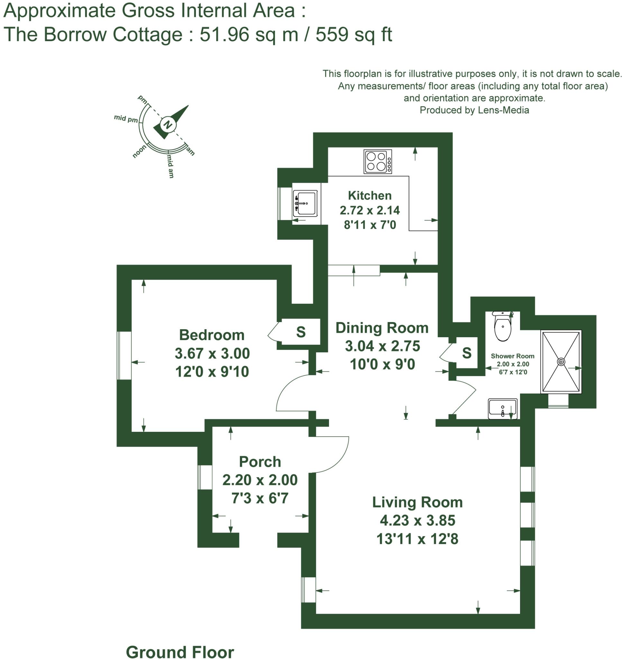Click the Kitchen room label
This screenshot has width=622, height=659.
tap(370, 195)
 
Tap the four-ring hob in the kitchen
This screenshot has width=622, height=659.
tap(377, 162)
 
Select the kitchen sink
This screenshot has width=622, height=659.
tap(305, 203)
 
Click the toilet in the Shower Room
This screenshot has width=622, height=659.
tap(502, 327)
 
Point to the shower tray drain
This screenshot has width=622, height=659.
tap(561, 361)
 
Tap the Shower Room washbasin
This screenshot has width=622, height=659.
tap(502, 409)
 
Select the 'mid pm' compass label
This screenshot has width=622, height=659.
tap(126, 118)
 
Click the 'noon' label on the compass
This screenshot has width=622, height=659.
tap(139, 151)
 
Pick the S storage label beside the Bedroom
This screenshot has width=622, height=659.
tap(301, 332)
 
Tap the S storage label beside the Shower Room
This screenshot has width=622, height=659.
tap(466, 353)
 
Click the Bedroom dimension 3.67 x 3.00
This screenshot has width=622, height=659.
tap(212, 353)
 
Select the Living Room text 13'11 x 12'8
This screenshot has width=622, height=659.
tap(417, 539)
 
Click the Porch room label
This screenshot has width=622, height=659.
tap(260, 461)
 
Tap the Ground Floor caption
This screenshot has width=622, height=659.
tap(180, 652)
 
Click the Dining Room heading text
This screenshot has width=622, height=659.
tap(382, 328)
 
